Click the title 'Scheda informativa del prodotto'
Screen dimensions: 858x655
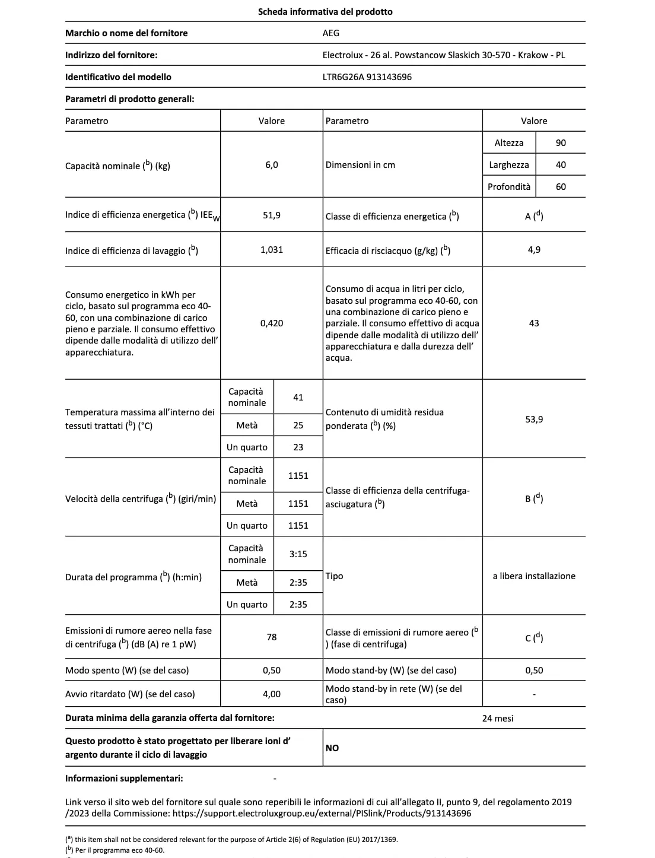(x=325, y=11)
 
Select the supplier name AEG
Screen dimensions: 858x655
(x=331, y=33)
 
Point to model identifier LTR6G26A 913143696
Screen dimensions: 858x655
(x=367, y=77)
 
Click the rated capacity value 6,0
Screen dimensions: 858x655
(x=272, y=165)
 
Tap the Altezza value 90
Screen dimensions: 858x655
(x=561, y=142)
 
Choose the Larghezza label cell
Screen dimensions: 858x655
(x=509, y=165)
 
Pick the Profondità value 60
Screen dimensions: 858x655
(x=561, y=186)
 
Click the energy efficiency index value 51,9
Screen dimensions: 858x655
(x=272, y=215)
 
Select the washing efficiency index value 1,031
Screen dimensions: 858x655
(x=272, y=250)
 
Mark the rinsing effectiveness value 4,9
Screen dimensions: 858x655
(x=534, y=250)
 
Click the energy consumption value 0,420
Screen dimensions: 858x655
(x=272, y=323)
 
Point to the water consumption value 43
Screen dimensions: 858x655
(x=534, y=323)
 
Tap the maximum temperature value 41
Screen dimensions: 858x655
(x=298, y=397)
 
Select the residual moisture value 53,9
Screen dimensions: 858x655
(x=534, y=420)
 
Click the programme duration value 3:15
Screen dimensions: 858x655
(x=298, y=554)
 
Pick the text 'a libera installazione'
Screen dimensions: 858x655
(x=534, y=576)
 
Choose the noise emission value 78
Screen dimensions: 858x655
(x=272, y=637)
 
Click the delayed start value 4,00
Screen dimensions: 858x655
(x=272, y=694)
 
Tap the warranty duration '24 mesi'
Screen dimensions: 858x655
(x=498, y=719)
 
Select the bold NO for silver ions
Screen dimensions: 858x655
(x=332, y=748)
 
